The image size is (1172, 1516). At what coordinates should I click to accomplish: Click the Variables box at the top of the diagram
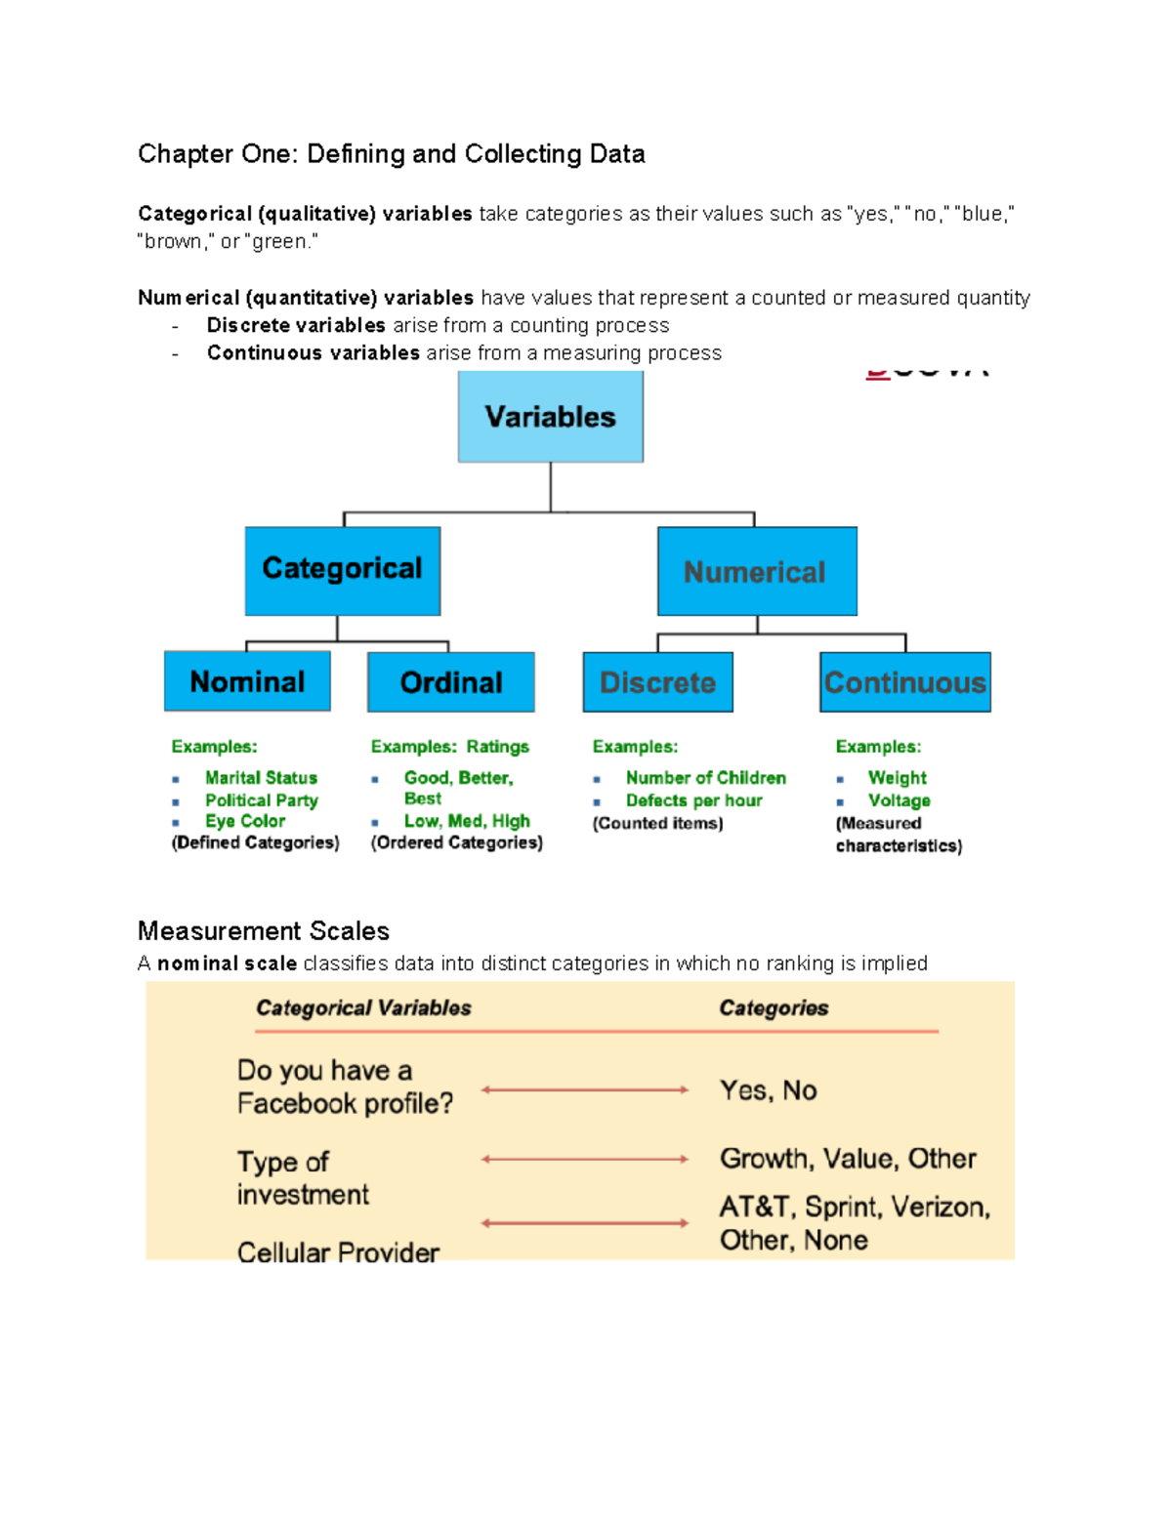pos(550,417)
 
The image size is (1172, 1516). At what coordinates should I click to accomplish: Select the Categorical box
pos(342,570)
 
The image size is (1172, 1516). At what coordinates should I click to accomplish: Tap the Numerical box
pos(756,571)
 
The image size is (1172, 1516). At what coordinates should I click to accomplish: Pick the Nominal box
pos(247,681)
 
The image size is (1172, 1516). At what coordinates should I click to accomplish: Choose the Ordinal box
pos(450,682)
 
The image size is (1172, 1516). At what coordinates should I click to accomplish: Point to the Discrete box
pos(657,682)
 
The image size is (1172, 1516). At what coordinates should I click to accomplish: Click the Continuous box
pos(904,682)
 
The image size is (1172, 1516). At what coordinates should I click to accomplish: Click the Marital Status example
pos(261,778)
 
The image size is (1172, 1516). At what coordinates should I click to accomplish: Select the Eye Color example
pos(245,821)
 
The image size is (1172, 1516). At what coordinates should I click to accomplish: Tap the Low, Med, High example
pos(467,821)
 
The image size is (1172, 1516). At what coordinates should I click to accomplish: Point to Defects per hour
pos(693,800)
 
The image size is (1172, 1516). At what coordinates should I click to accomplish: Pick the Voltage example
pos(899,800)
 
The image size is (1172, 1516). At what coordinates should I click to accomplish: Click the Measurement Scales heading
pos(264,930)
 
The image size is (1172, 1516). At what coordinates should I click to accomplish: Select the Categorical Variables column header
pos(363,1007)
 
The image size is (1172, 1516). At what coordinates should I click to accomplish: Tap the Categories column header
pos(774,1007)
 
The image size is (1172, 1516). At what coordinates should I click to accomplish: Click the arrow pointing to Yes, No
pos(585,1089)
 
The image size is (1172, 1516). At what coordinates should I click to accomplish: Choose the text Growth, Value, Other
pos(848,1159)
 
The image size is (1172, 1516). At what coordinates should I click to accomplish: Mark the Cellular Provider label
pos(338,1251)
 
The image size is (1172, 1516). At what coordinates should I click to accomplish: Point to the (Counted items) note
pos(657,824)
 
